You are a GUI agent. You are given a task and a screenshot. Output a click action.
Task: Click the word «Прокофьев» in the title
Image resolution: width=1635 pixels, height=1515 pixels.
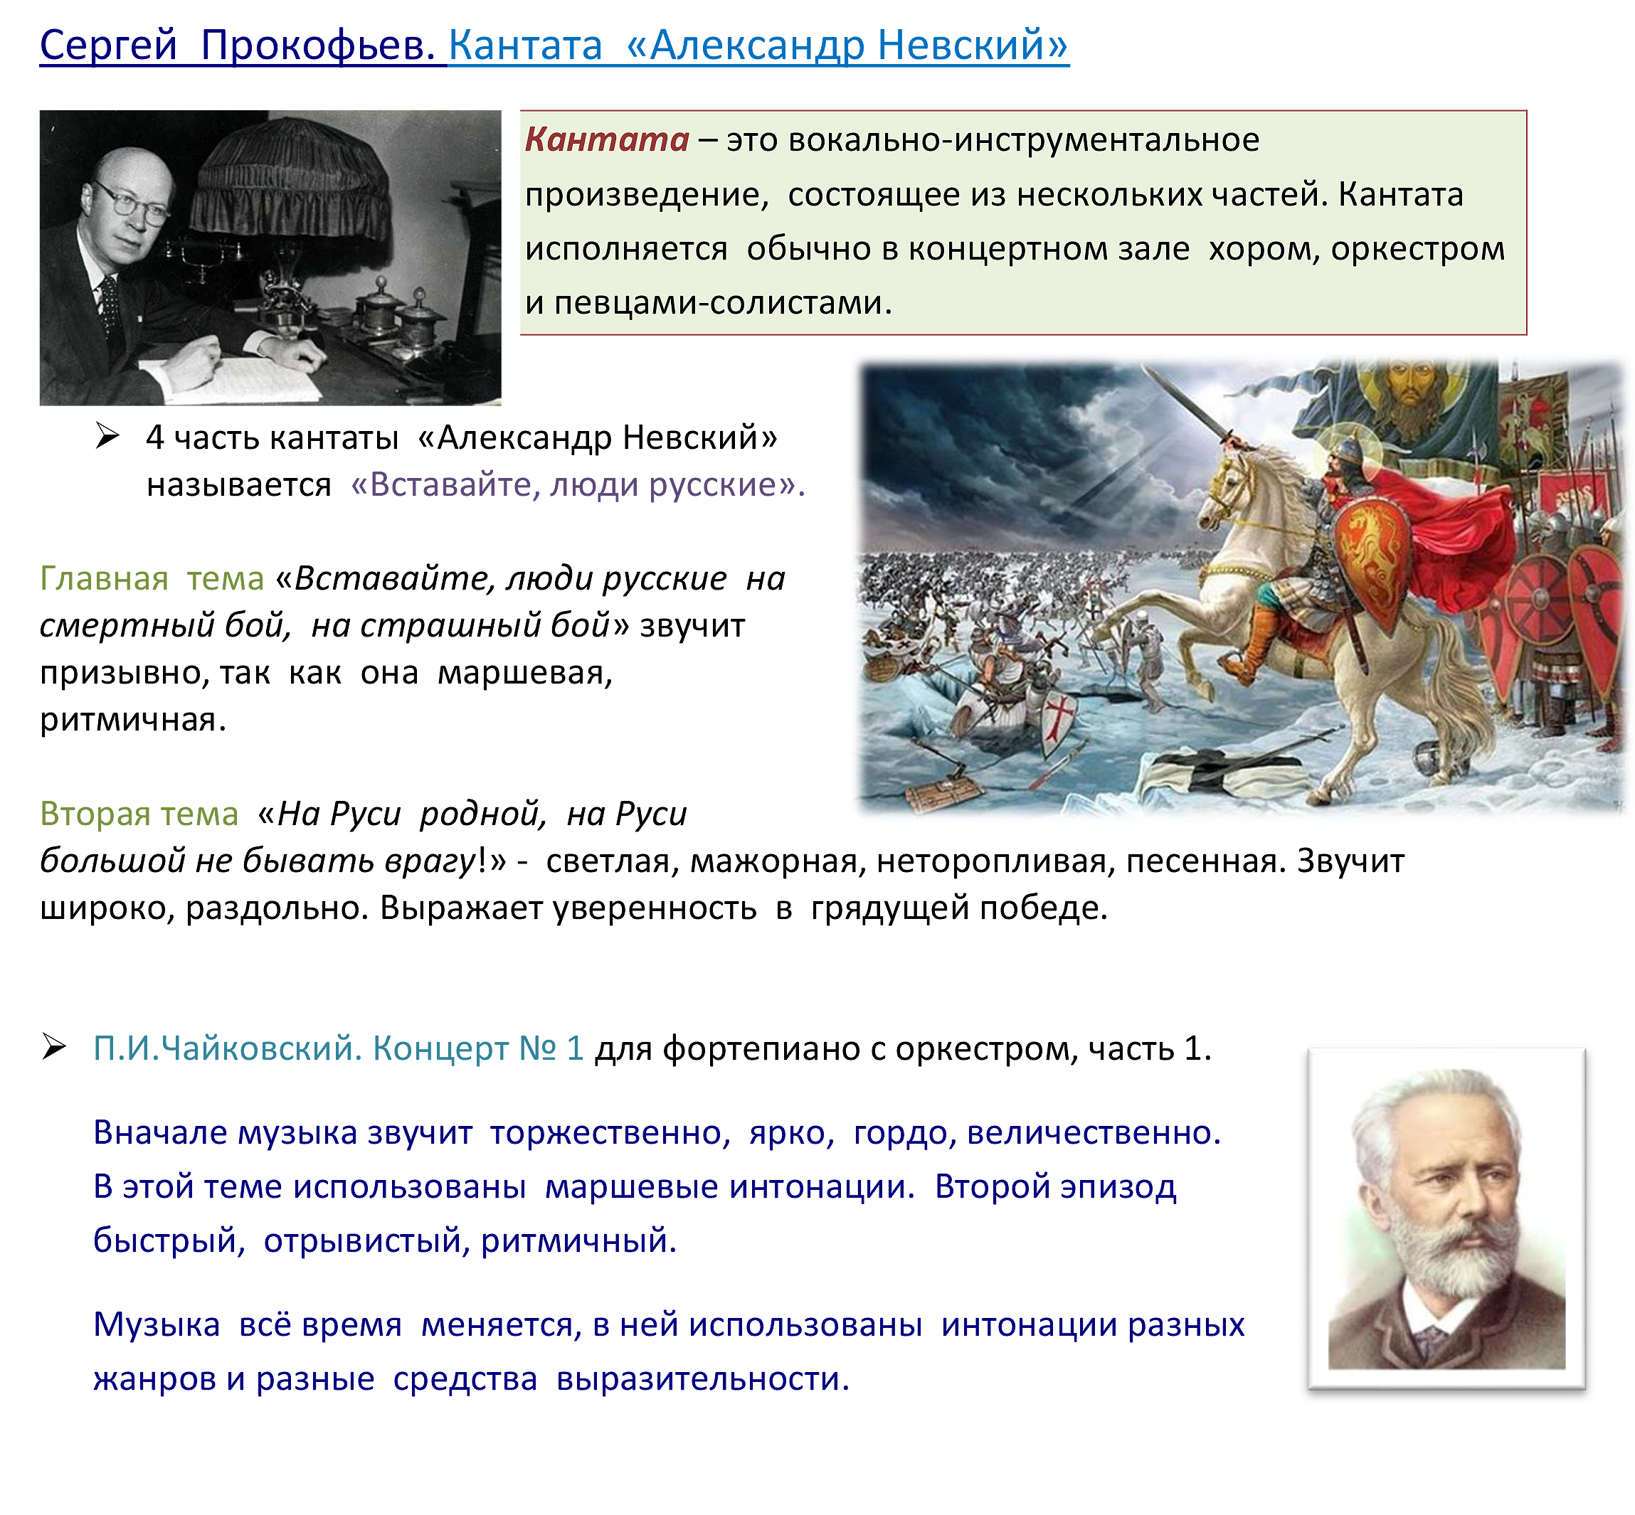317,46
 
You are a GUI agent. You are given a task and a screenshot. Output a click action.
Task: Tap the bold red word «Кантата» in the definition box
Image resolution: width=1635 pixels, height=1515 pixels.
607,139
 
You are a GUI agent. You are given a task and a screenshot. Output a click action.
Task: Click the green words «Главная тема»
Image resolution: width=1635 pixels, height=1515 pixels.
152,579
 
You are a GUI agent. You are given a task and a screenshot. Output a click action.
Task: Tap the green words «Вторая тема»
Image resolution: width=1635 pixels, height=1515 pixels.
139,814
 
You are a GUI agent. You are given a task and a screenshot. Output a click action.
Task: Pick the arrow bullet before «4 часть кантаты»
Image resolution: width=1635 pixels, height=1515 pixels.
107,436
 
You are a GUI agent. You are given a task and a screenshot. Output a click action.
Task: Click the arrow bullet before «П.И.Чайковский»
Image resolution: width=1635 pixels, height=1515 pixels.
54,1047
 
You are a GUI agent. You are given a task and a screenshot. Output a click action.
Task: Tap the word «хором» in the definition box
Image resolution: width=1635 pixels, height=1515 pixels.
1264,249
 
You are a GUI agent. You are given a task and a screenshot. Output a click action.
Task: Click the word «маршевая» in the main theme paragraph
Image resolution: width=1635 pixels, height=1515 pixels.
525,674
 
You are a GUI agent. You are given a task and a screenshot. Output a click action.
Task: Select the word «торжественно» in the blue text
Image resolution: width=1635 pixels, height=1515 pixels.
610,1134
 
